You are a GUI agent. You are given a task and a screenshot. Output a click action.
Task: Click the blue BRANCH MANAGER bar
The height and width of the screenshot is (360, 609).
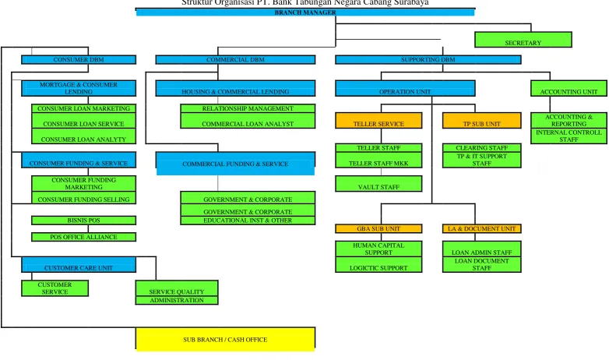tap(305, 12)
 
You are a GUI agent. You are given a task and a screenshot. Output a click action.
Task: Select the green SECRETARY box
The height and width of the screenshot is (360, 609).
tap(523, 40)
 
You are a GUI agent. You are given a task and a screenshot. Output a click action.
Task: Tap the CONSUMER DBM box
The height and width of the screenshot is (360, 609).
tap(79, 59)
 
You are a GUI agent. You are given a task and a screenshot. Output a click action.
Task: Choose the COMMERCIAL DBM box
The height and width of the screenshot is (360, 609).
tap(235, 59)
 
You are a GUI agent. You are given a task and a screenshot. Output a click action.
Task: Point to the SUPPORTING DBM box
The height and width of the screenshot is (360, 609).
tap(428, 59)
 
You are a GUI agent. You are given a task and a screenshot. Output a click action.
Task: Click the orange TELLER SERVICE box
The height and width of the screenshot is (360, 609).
tap(378, 121)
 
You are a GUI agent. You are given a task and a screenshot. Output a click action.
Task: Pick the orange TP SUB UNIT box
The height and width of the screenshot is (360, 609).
tap(481, 121)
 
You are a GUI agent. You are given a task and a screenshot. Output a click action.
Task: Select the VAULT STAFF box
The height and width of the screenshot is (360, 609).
tap(378, 183)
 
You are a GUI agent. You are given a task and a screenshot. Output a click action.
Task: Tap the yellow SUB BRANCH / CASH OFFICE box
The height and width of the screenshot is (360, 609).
tap(225, 339)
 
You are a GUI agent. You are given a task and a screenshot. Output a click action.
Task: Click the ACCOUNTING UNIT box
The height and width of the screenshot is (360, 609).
tap(569, 88)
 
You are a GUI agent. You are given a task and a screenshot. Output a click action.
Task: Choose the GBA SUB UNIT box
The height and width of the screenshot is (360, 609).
tap(378, 228)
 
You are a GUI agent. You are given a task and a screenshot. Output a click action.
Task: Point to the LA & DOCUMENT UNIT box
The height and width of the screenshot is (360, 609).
tap(481, 228)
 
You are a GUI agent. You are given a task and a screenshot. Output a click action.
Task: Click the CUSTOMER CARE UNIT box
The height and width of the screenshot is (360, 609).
tap(79, 264)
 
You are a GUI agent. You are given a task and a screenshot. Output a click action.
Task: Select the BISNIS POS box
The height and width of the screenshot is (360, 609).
tap(83, 221)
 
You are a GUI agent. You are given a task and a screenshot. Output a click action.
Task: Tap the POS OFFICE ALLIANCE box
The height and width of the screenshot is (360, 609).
tap(83, 237)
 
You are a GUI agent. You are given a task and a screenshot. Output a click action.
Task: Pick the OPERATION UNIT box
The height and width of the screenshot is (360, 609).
tap(405, 88)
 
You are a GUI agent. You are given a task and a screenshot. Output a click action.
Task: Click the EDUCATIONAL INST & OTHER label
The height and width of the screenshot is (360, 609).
tap(248, 221)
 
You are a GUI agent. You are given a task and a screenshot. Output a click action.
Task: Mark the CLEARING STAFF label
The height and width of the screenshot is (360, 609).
tap(481, 148)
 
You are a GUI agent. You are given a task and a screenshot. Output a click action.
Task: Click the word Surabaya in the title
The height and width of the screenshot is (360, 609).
tap(412, 2)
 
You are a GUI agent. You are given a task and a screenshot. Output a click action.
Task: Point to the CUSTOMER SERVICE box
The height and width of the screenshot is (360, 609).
tap(55, 288)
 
